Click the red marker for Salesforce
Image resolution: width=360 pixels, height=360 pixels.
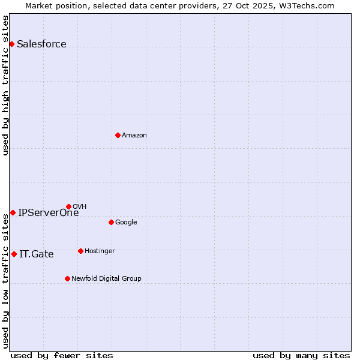11,44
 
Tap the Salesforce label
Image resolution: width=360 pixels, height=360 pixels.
41,44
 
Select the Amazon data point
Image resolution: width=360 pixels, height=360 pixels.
118,135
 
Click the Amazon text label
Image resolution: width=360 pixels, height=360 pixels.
134,135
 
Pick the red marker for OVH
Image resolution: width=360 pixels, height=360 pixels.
68,206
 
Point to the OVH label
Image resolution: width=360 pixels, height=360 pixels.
80,206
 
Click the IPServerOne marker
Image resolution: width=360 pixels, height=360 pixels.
13,212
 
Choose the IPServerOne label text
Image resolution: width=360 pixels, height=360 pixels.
49,212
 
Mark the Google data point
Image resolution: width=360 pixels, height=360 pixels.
111,222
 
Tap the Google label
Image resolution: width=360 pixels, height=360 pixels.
126,222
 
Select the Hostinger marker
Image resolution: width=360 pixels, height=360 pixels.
80,251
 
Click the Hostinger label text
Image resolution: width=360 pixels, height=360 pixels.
100,251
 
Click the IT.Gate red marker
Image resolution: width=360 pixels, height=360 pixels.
14,254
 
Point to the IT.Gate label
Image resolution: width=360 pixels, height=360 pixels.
37,254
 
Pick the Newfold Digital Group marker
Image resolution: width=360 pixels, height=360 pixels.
67,278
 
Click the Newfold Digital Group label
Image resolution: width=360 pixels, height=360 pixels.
106,278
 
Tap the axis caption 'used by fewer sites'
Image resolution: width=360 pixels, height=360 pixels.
62,355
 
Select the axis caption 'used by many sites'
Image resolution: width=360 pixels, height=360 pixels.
301,355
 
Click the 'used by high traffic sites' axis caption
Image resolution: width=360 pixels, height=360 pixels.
5,85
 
